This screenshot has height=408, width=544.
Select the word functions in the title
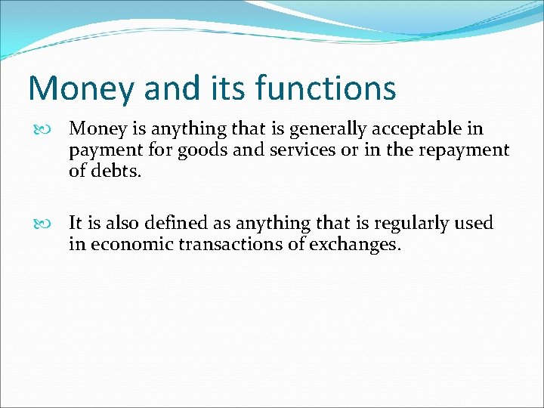[x=326, y=88]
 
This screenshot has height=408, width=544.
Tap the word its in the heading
[x=226, y=88]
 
